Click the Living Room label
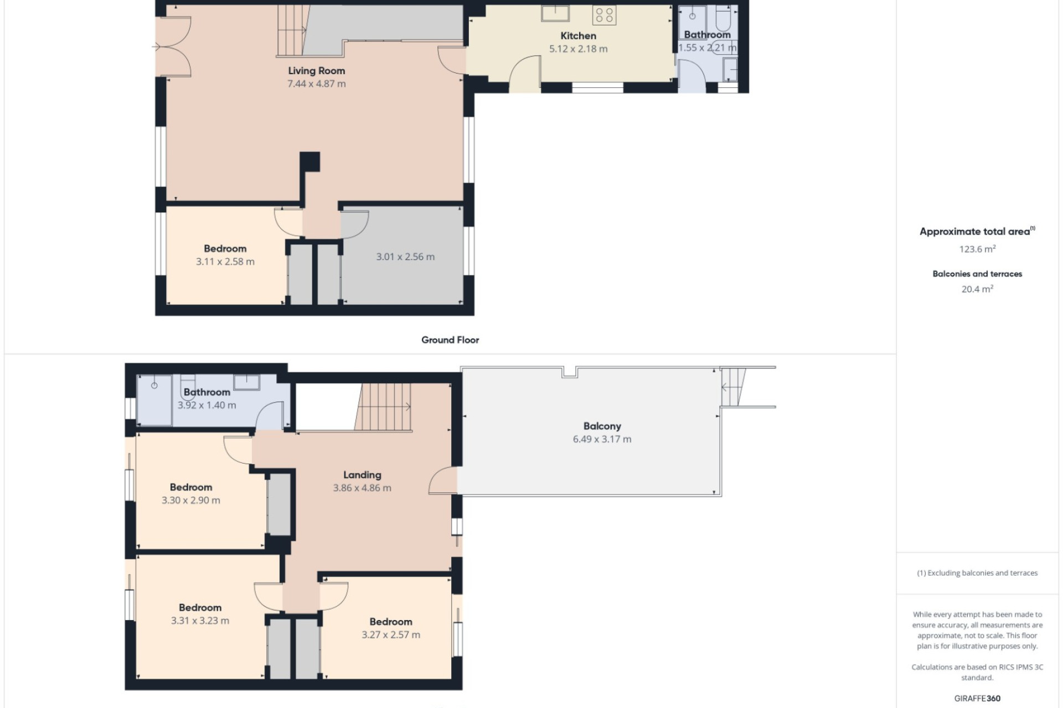click(316, 71)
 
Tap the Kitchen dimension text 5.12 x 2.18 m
click(578, 49)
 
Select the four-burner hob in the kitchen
click(604, 15)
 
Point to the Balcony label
click(602, 426)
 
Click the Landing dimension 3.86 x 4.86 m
click(362, 488)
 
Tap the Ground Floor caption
click(450, 340)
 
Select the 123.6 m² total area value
click(977, 249)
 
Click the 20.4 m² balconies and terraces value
click(977, 289)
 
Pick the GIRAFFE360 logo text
click(977, 698)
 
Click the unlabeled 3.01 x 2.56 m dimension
click(405, 257)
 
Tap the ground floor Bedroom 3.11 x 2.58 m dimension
click(225, 262)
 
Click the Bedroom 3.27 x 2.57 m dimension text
click(391, 634)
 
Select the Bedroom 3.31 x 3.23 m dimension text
click(200, 621)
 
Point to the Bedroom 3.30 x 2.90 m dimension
click(190, 500)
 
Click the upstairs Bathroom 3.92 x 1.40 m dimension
click(207, 405)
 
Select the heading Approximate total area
click(977, 232)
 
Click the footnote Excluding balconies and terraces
click(977, 573)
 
